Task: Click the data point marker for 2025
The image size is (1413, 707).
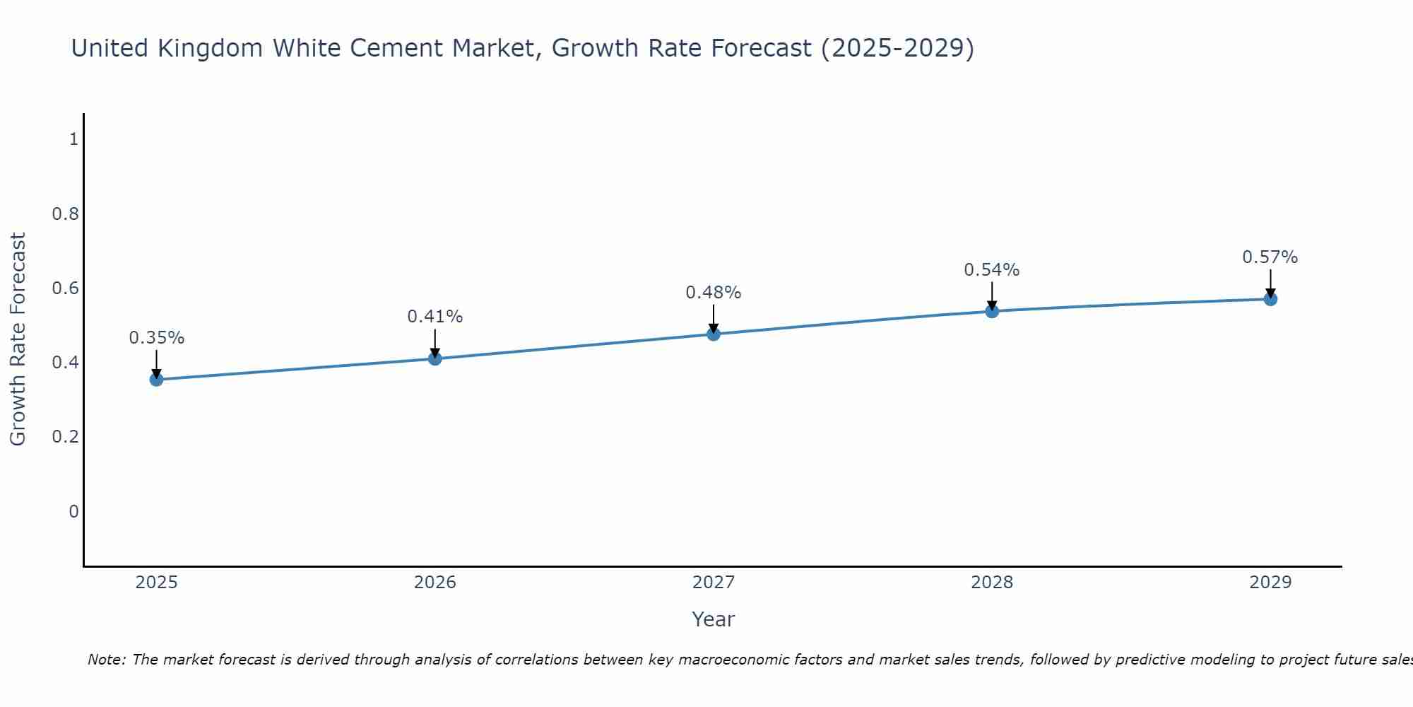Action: pos(157,380)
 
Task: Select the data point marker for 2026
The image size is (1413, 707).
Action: pos(435,358)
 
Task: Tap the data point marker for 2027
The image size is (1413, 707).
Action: pos(714,334)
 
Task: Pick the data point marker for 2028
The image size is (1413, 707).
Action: pos(992,311)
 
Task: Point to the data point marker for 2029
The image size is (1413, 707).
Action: pos(1270,299)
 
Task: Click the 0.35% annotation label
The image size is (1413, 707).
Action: pos(157,338)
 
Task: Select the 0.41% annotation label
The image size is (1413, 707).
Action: pos(435,317)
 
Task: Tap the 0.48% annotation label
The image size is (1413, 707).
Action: pos(714,293)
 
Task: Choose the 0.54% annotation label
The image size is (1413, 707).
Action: pos(992,270)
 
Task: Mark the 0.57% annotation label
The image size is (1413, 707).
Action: pos(1270,257)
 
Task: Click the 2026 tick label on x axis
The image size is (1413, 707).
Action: pos(435,583)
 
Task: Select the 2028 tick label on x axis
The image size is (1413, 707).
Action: pos(992,583)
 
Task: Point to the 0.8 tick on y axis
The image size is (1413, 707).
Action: pos(65,214)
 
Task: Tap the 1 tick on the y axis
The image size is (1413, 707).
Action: pos(73,139)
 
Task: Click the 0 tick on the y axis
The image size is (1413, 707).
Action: pos(73,511)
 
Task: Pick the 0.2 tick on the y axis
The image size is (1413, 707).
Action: pos(65,437)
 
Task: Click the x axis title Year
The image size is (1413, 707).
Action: pos(714,619)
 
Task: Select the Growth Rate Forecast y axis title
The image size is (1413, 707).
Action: pos(18,339)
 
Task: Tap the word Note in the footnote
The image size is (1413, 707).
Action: pos(106,660)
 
